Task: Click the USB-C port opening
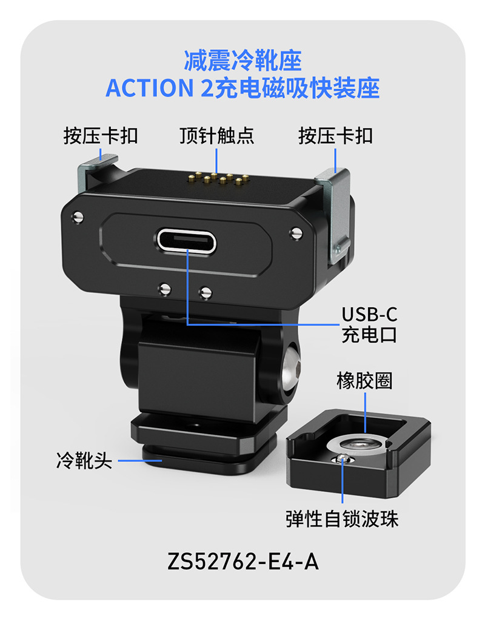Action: [186, 241]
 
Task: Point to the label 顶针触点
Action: [216, 135]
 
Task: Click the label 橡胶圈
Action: [364, 381]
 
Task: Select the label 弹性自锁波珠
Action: [343, 519]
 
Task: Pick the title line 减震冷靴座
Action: [242, 62]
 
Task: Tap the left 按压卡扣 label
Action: [101, 135]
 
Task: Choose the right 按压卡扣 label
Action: [335, 135]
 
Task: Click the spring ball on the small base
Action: [344, 458]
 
